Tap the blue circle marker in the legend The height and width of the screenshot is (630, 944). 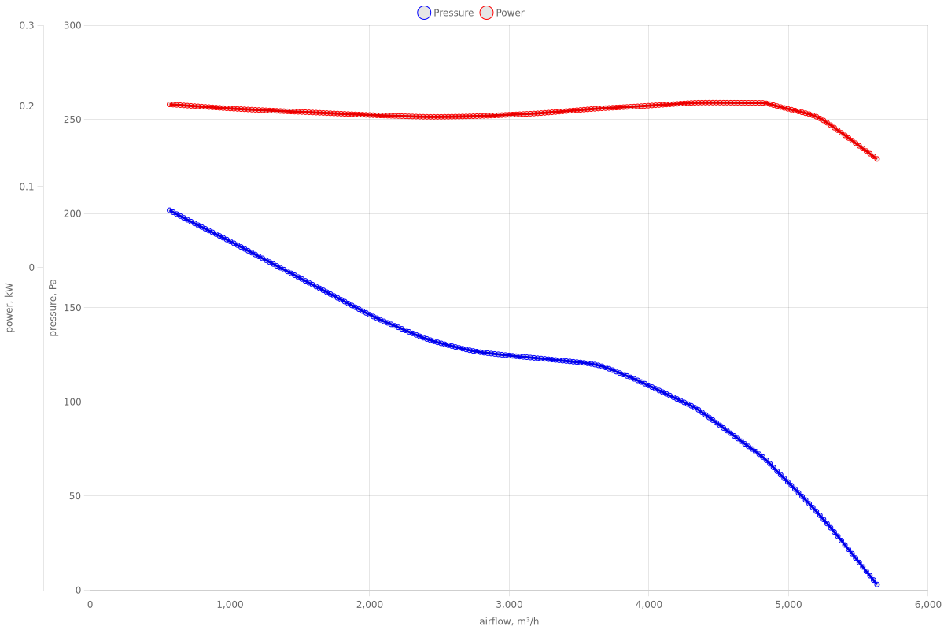click(x=424, y=13)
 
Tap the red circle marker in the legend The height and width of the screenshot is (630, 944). click(x=486, y=13)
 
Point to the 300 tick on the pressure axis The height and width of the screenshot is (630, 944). click(x=72, y=25)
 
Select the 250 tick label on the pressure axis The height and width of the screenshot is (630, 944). click(x=72, y=120)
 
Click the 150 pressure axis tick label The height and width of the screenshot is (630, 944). click(x=72, y=308)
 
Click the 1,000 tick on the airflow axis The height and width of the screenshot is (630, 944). click(x=229, y=605)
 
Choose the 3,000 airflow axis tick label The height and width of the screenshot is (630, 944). click(x=509, y=605)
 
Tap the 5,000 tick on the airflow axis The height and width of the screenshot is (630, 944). click(x=788, y=605)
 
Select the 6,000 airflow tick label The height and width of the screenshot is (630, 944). click(x=928, y=605)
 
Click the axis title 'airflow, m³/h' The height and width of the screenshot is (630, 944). click(x=509, y=622)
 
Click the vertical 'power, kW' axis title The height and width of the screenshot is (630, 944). click(x=9, y=307)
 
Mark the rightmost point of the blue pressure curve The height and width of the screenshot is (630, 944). click(x=877, y=584)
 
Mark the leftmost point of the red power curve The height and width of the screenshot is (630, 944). click(x=169, y=104)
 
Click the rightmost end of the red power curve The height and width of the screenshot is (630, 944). click(x=877, y=159)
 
